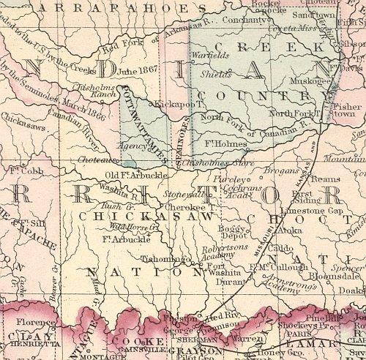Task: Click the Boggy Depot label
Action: point(234,233)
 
